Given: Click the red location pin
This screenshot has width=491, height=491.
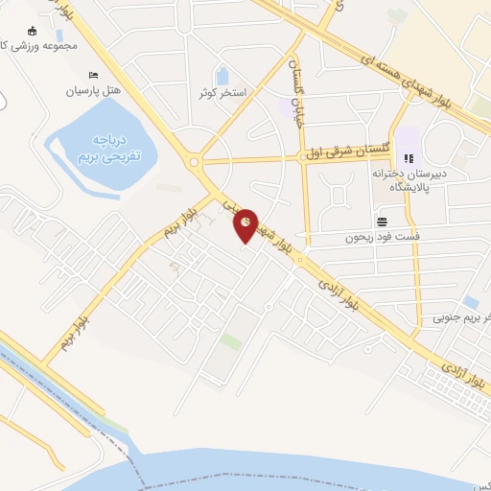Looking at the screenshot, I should (x=246, y=223).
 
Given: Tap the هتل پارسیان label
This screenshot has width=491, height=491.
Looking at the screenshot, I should (x=91, y=92).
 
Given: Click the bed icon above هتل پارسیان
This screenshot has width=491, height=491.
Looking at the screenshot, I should (x=92, y=76).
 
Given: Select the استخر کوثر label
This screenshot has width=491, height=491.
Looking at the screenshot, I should (x=222, y=93).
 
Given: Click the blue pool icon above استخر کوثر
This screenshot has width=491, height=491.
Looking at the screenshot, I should (x=222, y=76).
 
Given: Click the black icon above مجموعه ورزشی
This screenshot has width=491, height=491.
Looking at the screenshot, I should (x=31, y=32).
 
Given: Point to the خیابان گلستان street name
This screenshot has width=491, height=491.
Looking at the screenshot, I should (x=295, y=82).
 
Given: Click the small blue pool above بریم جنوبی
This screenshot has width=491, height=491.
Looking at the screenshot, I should (x=470, y=302).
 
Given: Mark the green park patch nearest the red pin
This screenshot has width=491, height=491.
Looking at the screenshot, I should (x=230, y=341).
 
